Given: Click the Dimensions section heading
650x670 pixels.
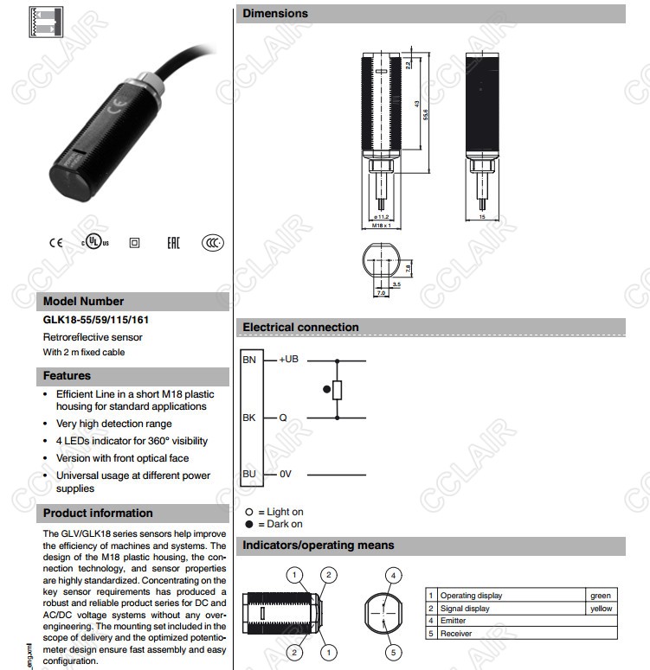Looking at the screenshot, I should (275, 14).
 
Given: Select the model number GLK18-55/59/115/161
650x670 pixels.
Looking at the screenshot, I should (96, 320).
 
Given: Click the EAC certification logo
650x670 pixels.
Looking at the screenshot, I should (172, 243).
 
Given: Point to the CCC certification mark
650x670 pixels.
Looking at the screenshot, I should (212, 243).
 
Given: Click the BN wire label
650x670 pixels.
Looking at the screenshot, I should (249, 359).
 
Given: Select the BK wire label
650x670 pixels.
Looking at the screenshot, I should (249, 418).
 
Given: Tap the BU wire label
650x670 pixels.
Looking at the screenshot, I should (249, 474).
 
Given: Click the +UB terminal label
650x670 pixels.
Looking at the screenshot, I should (288, 359).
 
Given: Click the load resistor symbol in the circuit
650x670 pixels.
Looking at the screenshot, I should (338, 390).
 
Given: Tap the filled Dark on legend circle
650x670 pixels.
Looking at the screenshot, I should (248, 524).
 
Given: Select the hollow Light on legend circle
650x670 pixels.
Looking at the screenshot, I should (248, 512).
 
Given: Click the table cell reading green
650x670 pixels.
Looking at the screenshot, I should (600, 596).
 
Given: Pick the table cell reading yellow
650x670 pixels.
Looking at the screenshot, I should (600, 609).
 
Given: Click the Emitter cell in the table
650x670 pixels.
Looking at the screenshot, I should (453, 621).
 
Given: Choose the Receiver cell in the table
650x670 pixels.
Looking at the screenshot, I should (455, 634).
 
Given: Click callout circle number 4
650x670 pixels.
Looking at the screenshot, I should (393, 575).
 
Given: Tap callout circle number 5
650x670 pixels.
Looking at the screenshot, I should (393, 652).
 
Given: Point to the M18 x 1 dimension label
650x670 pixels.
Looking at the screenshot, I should (382, 225).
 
